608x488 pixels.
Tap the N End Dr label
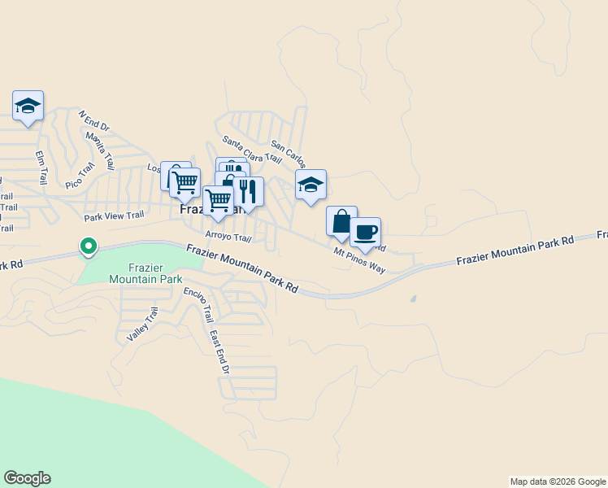93,120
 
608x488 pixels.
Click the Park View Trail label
114,216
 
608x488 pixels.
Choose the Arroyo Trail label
228,237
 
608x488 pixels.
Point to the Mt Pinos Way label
359,260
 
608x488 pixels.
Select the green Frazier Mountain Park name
144,272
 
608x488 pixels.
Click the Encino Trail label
198,304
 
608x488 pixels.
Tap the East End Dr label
219,352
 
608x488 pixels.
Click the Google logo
27,478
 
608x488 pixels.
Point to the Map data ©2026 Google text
558,481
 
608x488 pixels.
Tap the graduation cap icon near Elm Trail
28,106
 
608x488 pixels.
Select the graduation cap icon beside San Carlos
311,185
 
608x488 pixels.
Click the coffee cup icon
366,232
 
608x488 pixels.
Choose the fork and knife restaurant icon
248,192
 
